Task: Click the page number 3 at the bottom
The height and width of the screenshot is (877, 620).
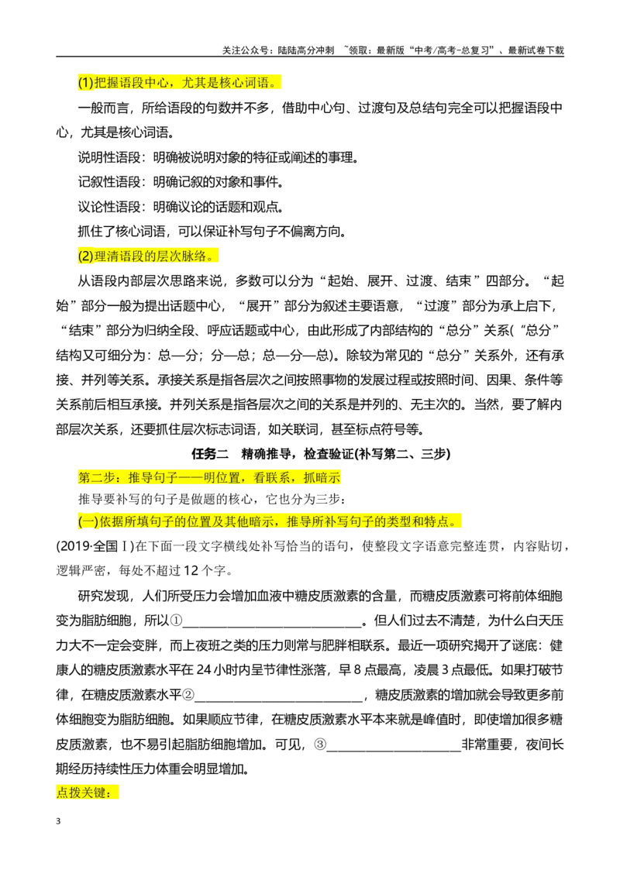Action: tap(58, 821)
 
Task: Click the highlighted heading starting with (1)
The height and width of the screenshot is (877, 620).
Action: tap(179, 83)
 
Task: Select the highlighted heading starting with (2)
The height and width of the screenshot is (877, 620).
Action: tap(148, 256)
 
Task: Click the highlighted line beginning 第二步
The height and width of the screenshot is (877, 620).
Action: tap(209, 477)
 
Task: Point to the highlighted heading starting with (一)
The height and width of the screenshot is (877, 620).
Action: tap(269, 521)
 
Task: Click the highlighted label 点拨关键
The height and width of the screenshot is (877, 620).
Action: tap(88, 793)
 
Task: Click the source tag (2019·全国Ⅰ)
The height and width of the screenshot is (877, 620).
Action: tap(95, 546)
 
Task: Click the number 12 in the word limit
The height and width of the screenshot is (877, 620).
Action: tap(191, 570)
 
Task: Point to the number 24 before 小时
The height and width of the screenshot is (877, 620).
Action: tap(205, 669)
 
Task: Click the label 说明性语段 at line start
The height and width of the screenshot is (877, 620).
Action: tap(109, 157)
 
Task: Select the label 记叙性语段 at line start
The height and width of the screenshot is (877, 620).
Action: tap(109, 182)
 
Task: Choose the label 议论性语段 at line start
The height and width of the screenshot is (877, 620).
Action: tap(109, 206)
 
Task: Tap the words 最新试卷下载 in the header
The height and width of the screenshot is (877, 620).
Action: tap(536, 50)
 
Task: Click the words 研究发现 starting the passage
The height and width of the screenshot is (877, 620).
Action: tap(103, 596)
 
